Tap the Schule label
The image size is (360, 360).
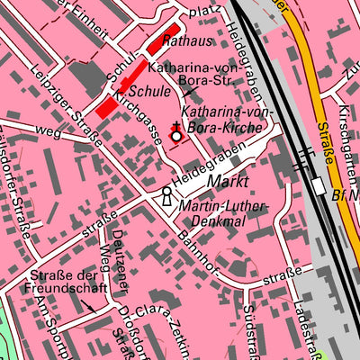(149, 92)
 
